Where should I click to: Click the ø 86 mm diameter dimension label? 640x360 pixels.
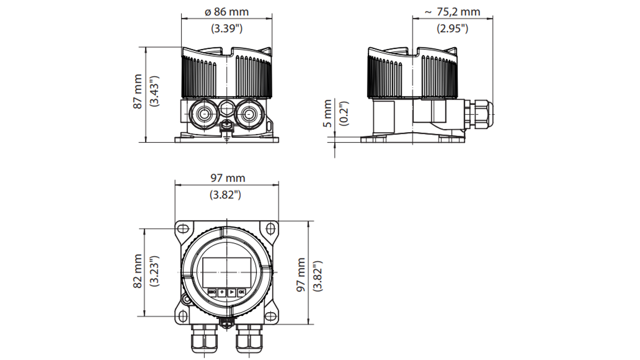click(226, 12)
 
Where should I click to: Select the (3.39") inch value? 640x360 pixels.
click(226, 28)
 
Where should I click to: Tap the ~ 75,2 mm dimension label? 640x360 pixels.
click(452, 12)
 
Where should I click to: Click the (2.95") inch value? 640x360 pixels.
click(452, 28)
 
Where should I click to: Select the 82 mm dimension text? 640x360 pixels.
click(137, 272)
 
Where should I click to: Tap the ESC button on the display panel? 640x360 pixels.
click(212, 292)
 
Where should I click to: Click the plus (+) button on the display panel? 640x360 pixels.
click(222, 292)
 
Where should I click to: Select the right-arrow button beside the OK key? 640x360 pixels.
click(231, 292)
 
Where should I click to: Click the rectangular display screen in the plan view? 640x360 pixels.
click(226, 271)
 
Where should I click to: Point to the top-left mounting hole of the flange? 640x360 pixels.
click(182, 228)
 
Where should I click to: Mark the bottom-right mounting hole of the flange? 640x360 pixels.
click(271, 317)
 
